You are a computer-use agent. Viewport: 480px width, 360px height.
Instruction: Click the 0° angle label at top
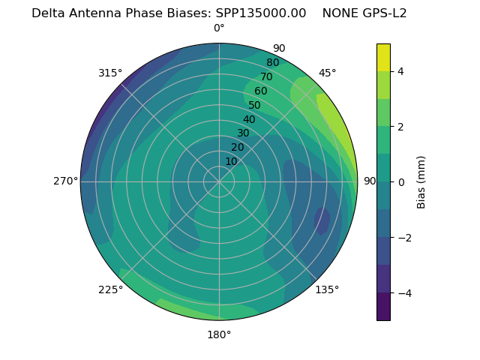(x=219, y=28)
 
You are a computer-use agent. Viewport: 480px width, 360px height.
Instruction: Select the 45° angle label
(x=327, y=73)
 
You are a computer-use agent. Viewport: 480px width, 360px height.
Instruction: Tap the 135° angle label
(x=327, y=289)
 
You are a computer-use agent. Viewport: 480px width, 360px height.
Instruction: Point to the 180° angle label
(x=219, y=334)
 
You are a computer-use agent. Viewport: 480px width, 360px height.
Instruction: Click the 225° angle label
(x=110, y=289)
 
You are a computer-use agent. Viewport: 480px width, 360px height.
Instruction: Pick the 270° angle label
(x=65, y=181)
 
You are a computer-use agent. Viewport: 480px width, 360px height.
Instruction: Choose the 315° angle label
(x=110, y=73)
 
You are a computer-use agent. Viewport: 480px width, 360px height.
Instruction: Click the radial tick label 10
(x=231, y=161)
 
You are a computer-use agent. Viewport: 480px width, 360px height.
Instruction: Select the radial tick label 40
(x=249, y=119)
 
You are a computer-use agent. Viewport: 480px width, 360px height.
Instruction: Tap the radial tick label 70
(x=266, y=76)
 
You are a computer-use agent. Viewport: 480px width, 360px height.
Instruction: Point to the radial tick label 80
(x=272, y=63)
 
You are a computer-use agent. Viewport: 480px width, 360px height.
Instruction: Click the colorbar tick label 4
(x=400, y=71)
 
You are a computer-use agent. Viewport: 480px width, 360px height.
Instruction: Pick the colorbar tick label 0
(x=400, y=182)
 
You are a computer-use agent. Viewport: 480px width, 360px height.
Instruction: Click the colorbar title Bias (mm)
(x=421, y=182)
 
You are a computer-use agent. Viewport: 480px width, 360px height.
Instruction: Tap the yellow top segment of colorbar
(x=383, y=57)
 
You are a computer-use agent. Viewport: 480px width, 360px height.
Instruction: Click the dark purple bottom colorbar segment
(x=383, y=307)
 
